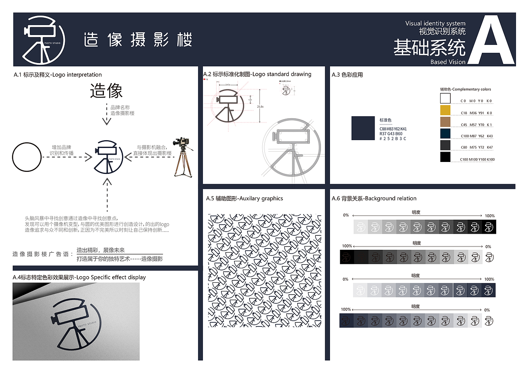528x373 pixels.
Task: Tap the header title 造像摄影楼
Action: [x=138, y=40]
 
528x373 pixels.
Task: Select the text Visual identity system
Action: [x=435, y=23]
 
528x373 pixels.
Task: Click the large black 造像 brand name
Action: [x=106, y=91]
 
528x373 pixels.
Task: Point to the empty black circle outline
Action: [x=27, y=157]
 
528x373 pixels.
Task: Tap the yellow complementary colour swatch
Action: [x=445, y=110]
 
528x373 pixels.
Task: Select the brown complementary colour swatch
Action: [x=445, y=122]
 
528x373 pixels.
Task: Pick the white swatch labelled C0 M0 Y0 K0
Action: [x=445, y=99]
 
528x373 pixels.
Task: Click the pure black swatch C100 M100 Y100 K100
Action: [x=445, y=157]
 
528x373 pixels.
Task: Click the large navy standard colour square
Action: [x=363, y=128]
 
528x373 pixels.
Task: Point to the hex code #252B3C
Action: [x=393, y=139]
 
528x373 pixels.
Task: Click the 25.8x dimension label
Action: [x=260, y=107]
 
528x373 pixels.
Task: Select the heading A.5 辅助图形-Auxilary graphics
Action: [x=244, y=199]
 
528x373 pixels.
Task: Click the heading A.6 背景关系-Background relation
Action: [x=374, y=199]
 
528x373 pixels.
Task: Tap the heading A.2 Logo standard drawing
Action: [x=257, y=74]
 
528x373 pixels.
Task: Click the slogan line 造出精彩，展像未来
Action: [x=101, y=250]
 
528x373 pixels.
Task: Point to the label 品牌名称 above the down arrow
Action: [x=120, y=107]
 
